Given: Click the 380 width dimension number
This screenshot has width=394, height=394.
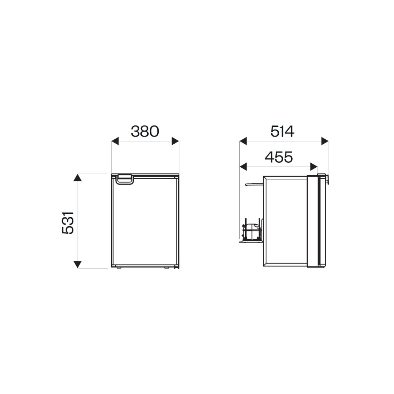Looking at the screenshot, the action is coord(145,131).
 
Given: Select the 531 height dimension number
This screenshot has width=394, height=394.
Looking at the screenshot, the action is coord(68,223).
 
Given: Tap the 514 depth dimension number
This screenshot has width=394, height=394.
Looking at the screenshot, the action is coord(282,131).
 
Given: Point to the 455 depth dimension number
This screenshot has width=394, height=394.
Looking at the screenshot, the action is coord(279,157).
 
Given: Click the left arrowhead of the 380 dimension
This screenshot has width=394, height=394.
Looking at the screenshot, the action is coord(115,141).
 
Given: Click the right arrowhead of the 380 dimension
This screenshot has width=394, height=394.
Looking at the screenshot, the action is coord(176,141).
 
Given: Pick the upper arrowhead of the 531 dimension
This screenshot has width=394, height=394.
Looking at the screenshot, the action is coord(78,177).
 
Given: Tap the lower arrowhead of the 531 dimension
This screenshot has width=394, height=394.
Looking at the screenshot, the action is coord(78,264).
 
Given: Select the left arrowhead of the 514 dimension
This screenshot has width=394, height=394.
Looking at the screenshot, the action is coord(243,141).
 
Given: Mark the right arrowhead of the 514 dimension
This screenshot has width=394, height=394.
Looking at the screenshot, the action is coord(325,141).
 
